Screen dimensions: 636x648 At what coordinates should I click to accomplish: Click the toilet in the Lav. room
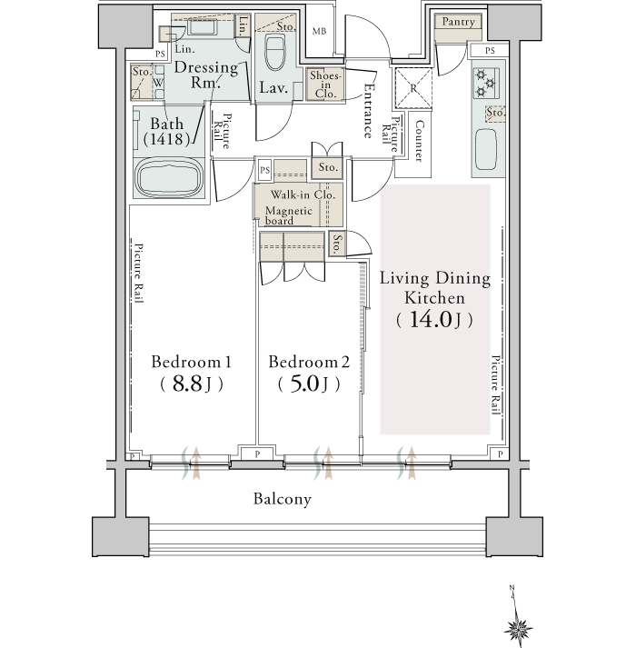tap(275, 53)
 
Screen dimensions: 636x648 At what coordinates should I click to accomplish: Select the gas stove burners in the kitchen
tap(485, 83)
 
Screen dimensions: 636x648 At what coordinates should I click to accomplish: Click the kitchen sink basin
tap(486, 149)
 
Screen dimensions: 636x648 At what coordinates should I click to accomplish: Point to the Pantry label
tap(458, 22)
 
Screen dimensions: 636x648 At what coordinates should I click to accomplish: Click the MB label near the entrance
tap(319, 31)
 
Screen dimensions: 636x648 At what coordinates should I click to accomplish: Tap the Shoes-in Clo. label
tap(325, 85)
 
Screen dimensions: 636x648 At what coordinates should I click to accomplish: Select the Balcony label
tap(283, 499)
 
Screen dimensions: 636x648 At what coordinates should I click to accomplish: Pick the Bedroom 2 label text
tap(309, 362)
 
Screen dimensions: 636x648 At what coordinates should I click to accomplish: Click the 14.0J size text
tap(434, 319)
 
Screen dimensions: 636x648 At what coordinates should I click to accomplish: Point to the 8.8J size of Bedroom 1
tap(192, 384)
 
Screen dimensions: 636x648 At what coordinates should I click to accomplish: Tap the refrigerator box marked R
tap(413, 88)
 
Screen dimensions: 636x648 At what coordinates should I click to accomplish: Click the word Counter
tap(419, 141)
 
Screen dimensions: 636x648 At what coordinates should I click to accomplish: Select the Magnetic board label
tap(288, 215)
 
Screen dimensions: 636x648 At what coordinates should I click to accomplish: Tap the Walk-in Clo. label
tap(303, 194)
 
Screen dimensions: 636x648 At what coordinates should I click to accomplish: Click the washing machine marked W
tap(158, 83)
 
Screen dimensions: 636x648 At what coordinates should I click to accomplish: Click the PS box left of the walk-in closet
tap(264, 170)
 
